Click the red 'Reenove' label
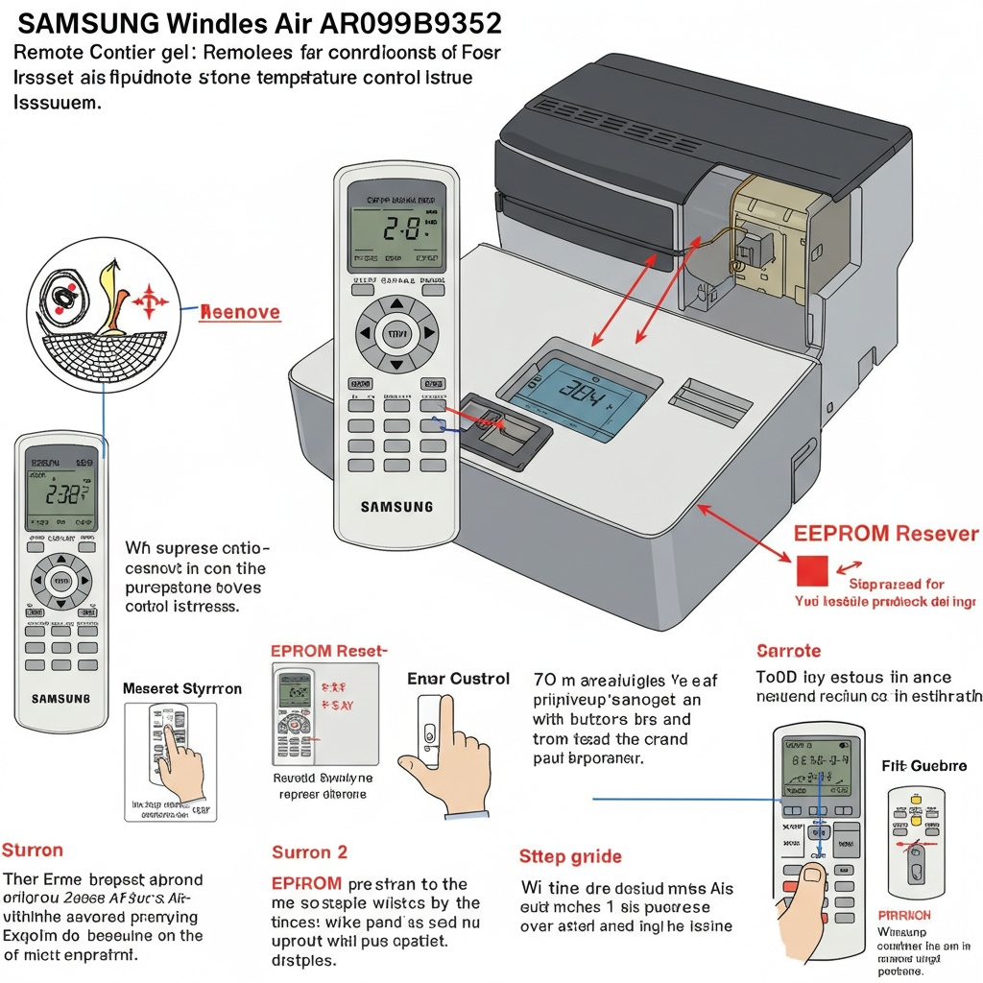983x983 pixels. pyautogui.click(x=239, y=312)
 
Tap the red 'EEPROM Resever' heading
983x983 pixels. pyautogui.click(x=885, y=534)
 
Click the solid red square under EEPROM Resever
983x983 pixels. pyautogui.click(x=811, y=569)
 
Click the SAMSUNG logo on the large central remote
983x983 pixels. pyautogui.click(x=396, y=506)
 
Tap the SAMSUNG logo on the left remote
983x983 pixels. pyautogui.click(x=60, y=698)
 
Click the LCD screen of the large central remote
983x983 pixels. pyautogui.click(x=396, y=228)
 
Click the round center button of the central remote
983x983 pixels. pyautogui.click(x=396, y=334)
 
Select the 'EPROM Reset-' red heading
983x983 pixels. pyautogui.click(x=328, y=651)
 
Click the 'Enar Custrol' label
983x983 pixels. pyautogui.click(x=458, y=679)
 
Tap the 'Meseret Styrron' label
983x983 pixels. pyautogui.click(x=182, y=689)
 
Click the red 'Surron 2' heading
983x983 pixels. pyautogui.click(x=309, y=851)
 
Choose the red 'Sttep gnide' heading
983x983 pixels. pyautogui.click(x=570, y=856)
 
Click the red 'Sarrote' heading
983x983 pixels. pyautogui.click(x=788, y=651)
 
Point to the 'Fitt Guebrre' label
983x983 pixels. pyautogui.click(x=923, y=766)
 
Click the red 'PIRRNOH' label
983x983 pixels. pyautogui.click(x=904, y=916)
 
